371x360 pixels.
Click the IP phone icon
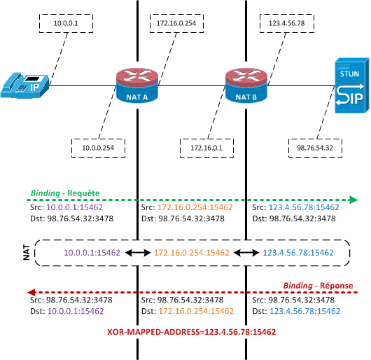(24, 85)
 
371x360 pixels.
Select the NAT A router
(137, 85)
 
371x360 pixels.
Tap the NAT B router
(246, 85)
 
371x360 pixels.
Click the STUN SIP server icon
(352, 85)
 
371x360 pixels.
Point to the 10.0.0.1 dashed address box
(66, 23)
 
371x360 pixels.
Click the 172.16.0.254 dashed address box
(176, 23)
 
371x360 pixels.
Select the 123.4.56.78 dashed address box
(287, 23)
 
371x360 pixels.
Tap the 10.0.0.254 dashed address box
(98, 148)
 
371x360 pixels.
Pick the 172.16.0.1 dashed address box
(206, 148)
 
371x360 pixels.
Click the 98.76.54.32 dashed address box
(315, 148)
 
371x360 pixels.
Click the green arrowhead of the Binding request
(353, 200)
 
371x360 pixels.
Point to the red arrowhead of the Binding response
(31, 292)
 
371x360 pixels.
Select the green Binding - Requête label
(65, 193)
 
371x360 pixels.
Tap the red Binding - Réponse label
(318, 286)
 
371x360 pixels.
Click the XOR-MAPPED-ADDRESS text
(192, 332)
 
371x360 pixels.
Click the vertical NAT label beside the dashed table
(27, 253)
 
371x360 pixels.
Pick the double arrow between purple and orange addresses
(138, 253)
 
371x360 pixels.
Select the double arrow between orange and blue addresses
(246, 253)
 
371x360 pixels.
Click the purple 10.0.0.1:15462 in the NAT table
(92, 253)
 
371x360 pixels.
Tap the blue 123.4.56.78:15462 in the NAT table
(298, 253)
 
